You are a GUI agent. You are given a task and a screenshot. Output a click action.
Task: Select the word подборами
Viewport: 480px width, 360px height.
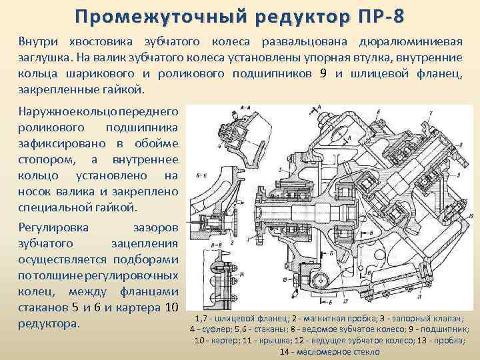(146, 259)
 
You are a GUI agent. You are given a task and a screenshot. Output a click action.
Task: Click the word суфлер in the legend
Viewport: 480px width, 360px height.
(214, 329)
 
